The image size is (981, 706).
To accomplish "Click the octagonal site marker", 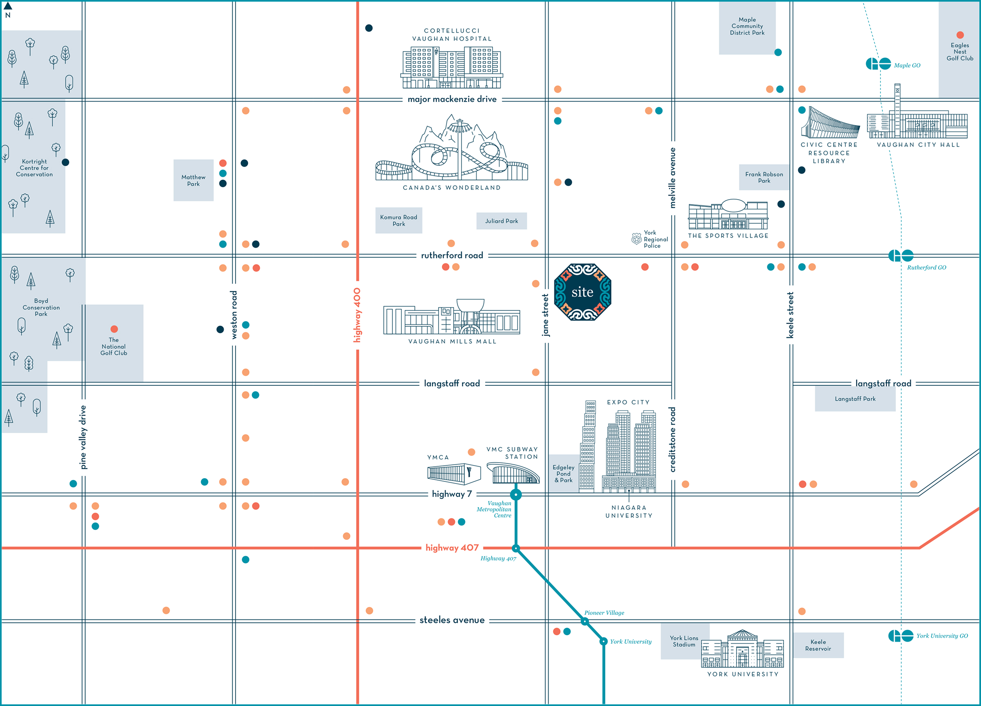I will click(x=582, y=292).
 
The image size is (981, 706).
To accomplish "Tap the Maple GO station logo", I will click(x=878, y=64).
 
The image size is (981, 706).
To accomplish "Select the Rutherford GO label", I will click(x=927, y=268).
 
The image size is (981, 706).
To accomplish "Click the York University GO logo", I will click(x=900, y=636).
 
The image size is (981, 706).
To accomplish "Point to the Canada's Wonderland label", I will click(x=452, y=188).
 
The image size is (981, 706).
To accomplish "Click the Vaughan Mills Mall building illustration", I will click(x=452, y=317).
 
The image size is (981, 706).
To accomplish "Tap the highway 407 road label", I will click(x=452, y=548).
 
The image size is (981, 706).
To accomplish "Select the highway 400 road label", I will click(x=357, y=315).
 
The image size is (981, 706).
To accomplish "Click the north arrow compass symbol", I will click(x=8, y=7).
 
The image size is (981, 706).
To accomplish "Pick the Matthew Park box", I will click(x=193, y=180).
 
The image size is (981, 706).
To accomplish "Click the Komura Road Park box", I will click(x=399, y=220).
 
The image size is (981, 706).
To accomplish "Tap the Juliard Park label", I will click(x=501, y=221).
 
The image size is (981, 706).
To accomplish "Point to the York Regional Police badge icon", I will click(x=636, y=238).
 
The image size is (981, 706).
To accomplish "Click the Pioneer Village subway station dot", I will click(x=585, y=622).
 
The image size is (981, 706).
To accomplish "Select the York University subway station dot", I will click(x=603, y=641).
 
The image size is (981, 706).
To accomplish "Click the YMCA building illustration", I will click(x=454, y=474).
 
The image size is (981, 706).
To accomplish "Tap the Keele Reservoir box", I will click(x=818, y=645).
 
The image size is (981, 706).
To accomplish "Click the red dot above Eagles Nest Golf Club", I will click(x=960, y=35).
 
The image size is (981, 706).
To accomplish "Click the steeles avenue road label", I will click(x=452, y=620).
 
